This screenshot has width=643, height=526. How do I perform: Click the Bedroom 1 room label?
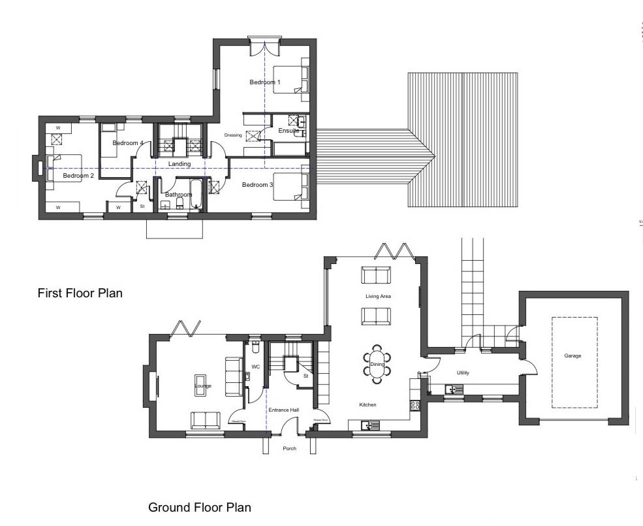point(264,82)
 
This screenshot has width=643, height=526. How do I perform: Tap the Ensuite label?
point(289,131)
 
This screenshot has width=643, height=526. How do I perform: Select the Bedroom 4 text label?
point(127,143)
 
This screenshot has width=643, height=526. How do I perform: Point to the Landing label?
point(179,164)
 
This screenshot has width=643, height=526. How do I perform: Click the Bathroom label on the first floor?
point(178,195)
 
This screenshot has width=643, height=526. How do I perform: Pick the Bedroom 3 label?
point(257,185)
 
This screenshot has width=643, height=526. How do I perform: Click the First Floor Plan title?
point(80,293)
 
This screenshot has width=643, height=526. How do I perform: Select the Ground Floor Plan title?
point(199,507)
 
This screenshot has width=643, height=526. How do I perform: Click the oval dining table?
point(377,365)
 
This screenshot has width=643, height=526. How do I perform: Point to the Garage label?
point(572,356)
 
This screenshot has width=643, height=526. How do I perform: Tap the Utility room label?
point(463,373)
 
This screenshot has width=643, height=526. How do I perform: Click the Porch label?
point(289,448)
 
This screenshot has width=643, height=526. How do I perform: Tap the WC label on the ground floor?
point(256,367)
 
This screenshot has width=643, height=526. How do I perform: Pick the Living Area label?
point(377,297)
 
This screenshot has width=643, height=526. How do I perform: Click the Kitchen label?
point(368,405)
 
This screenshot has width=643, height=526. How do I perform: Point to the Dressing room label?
point(233,135)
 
